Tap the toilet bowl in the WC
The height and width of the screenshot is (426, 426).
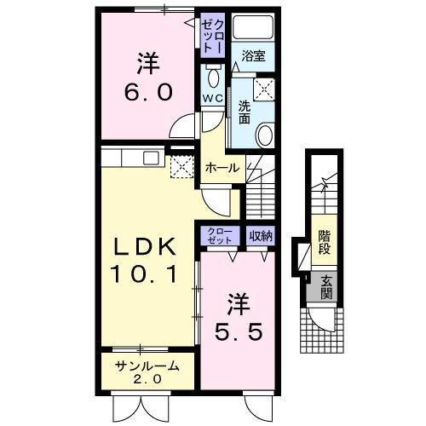point(213,81)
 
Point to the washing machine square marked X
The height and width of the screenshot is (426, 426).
point(265,88)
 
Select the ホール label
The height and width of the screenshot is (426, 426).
point(222,168)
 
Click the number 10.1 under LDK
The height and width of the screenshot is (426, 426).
point(145,274)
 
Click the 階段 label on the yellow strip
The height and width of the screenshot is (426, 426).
point(325,242)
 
